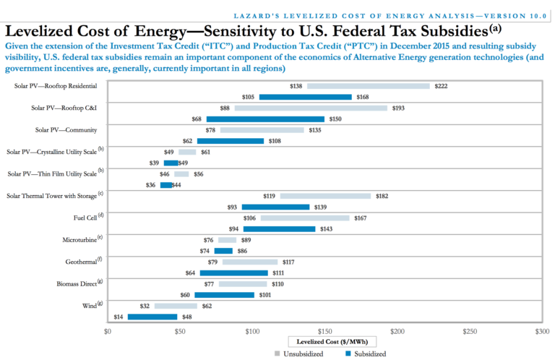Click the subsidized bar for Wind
(x=152, y=317)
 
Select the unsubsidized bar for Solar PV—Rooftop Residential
(x=368, y=86)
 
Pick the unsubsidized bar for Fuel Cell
(x=305, y=218)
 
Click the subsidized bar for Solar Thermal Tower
(x=275, y=207)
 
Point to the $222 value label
(x=442, y=86)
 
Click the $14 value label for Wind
(x=119, y=317)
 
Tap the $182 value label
(x=384, y=196)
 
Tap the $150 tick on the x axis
(x=324, y=331)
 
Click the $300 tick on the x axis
(x=541, y=331)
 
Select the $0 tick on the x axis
(x=108, y=331)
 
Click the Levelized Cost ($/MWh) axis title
(x=324, y=340)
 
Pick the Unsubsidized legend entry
(x=298, y=353)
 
